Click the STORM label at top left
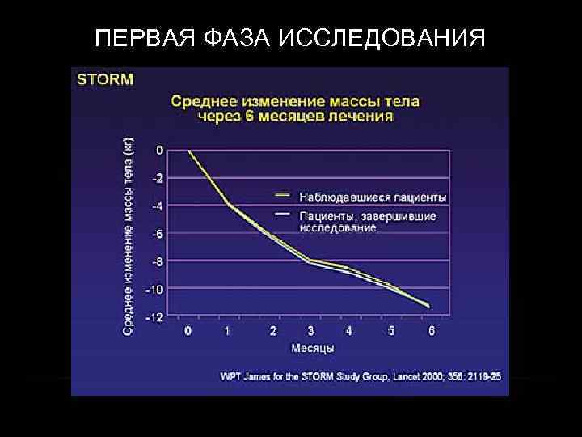pyautogui.click(x=105, y=79)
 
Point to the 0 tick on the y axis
pyautogui.click(x=159, y=150)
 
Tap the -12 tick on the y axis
pyautogui.click(x=154, y=317)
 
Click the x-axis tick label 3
pyautogui.click(x=310, y=330)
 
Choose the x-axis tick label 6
pyautogui.click(x=432, y=330)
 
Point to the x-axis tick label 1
pyautogui.click(x=228, y=330)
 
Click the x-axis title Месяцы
pyautogui.click(x=312, y=348)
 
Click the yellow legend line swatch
pyautogui.click(x=282, y=195)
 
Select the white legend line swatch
pyautogui.click(x=282, y=214)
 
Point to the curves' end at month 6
pyautogui.click(x=428, y=306)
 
